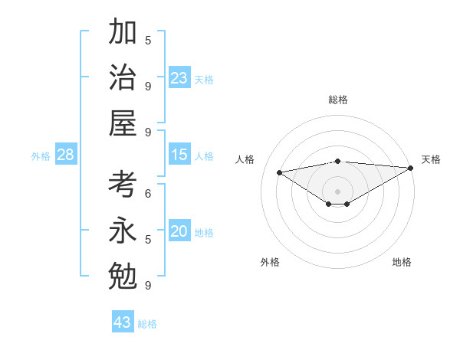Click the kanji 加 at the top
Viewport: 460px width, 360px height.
[x=123, y=33]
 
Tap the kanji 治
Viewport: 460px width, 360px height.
[x=123, y=77]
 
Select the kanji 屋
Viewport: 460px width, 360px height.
[x=123, y=122]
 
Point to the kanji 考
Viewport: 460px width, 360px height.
[x=123, y=185]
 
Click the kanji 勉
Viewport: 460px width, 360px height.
[x=123, y=274]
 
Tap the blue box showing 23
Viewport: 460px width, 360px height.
[x=179, y=78]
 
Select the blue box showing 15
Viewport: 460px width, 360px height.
[x=179, y=155]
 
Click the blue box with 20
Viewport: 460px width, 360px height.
[x=179, y=232]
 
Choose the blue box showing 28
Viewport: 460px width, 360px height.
[x=66, y=155]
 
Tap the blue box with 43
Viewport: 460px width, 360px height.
[x=123, y=322]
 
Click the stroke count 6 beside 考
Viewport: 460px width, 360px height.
[x=148, y=194]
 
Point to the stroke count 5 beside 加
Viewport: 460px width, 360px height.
[x=148, y=40]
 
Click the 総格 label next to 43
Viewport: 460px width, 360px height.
[x=147, y=324]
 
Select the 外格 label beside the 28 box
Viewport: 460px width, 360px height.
[x=41, y=156]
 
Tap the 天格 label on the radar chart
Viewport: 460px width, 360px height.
[x=431, y=159]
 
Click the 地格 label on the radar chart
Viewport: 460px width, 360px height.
[x=402, y=263]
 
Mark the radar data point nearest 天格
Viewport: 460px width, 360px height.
[x=412, y=169]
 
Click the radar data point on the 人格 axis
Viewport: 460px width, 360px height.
[x=279, y=172]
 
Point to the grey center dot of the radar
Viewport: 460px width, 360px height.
[x=337, y=190]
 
